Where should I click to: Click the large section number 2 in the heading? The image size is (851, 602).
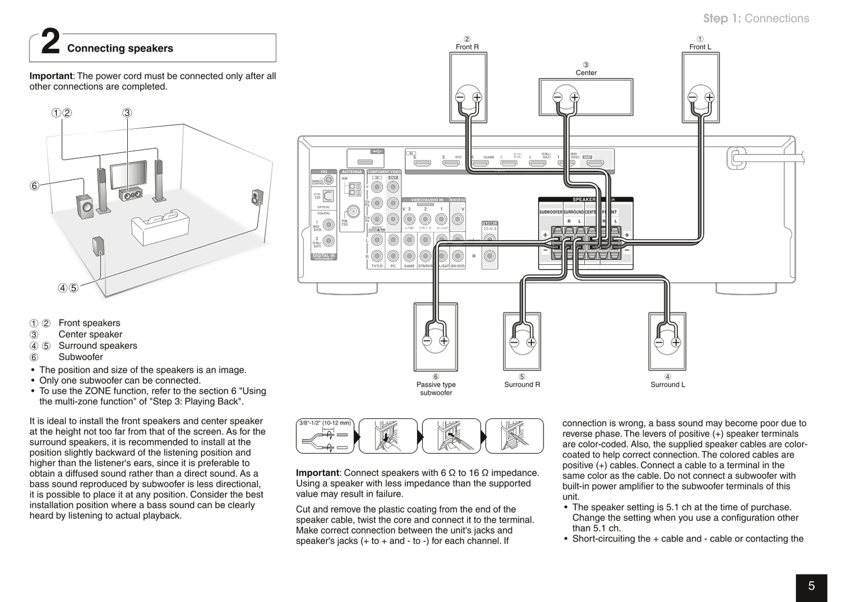51,44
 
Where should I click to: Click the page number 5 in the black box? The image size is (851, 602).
811,586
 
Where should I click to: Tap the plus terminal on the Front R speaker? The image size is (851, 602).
476,97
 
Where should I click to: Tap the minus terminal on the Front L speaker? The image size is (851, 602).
693,97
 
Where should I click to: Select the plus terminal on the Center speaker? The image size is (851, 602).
574,97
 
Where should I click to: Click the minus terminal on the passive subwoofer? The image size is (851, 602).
427,341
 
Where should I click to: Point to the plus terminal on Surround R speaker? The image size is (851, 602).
531,342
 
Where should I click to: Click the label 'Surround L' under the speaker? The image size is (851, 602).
667,385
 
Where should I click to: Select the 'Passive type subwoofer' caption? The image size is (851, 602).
436,388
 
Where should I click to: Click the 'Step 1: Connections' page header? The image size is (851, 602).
756,18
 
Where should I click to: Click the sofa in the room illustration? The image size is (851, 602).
160,227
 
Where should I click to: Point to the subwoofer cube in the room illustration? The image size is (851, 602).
85,206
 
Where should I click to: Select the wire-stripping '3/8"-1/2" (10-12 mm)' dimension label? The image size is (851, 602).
324,423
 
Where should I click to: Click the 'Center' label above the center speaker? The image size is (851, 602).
586,73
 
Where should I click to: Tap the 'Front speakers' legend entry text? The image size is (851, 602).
89,323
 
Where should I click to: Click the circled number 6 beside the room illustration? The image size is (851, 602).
34,186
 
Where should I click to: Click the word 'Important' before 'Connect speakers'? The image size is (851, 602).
317,473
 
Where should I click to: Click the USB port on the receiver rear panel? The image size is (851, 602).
365,161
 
